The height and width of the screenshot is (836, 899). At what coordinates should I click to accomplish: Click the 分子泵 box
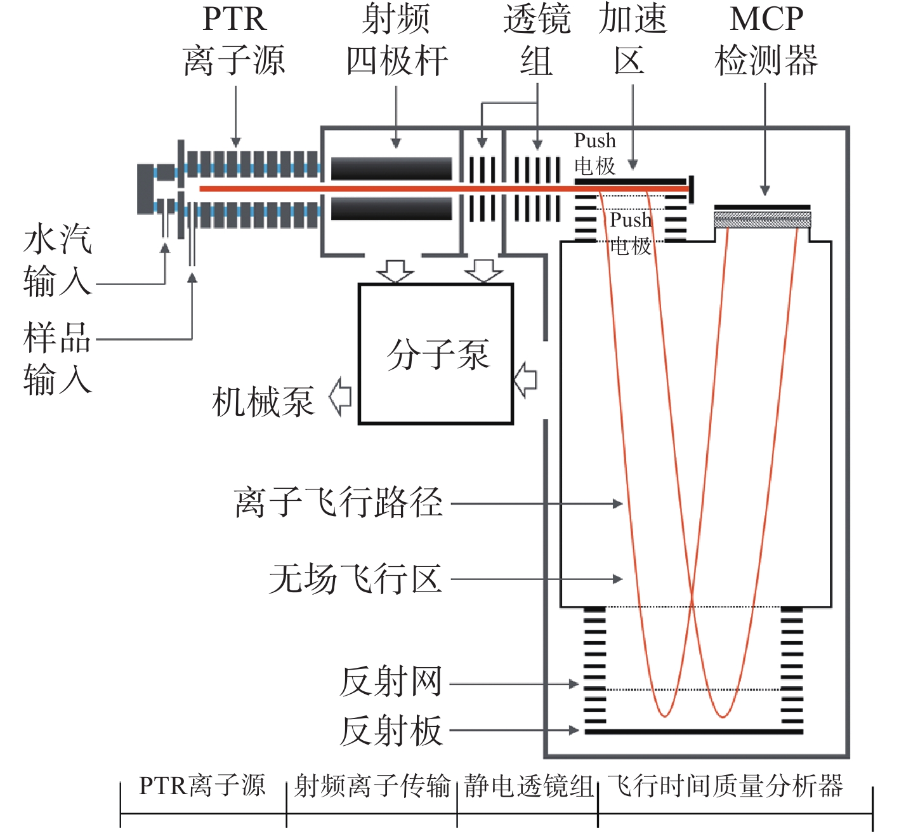coord(436,354)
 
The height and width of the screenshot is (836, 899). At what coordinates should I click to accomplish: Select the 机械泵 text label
coord(263,401)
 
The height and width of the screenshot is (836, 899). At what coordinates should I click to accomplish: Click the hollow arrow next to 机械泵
coord(341,397)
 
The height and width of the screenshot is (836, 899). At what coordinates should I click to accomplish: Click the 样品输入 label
coord(57,359)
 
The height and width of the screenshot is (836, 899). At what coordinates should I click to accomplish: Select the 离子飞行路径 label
coord(338,503)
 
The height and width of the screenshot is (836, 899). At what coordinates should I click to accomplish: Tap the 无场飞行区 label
coord(355,579)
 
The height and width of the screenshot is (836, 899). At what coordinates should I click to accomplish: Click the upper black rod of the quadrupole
coord(391,169)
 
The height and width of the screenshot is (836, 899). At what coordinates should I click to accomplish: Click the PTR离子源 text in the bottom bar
coord(202,786)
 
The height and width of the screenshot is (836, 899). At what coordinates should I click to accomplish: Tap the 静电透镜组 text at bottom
coord(528,786)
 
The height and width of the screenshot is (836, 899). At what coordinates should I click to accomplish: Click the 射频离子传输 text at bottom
coord(372,786)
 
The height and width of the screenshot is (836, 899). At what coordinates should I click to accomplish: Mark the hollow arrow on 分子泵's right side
coord(525,380)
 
